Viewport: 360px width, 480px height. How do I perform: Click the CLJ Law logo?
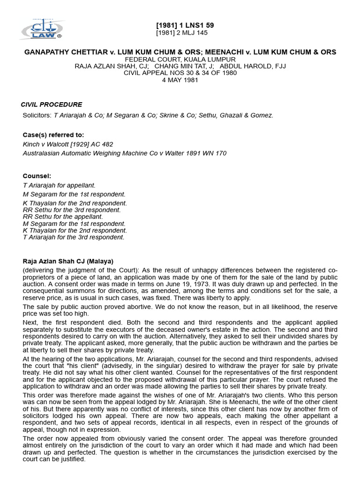point(41,30)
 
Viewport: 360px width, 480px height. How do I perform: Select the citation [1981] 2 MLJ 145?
point(181,33)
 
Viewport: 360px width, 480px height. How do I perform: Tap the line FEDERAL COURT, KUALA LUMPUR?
point(180,60)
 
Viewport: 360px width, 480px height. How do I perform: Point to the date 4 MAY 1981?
point(180,80)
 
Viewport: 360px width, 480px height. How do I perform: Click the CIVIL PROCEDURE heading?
point(52,105)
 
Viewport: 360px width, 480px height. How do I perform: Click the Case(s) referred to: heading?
point(53,135)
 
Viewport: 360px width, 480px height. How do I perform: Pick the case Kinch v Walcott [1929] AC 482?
point(68,144)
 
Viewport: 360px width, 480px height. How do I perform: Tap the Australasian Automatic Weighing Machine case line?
point(125,153)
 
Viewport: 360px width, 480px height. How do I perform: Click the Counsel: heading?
point(37,176)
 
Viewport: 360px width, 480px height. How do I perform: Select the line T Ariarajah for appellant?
point(59,186)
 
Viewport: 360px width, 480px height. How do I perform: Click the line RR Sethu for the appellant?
point(63,217)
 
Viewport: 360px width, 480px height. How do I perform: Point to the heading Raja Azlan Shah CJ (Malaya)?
point(68,261)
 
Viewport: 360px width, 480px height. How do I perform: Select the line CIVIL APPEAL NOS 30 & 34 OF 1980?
point(180,73)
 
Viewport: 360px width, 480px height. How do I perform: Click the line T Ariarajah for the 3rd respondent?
point(74,237)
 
